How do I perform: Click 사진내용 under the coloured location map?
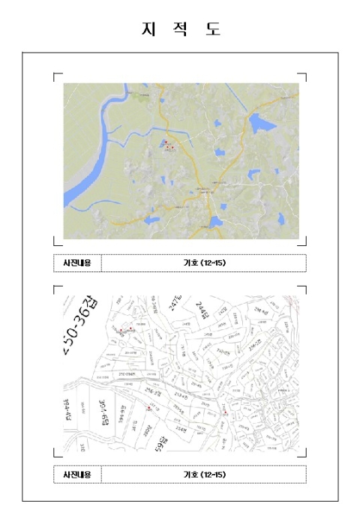[77, 263]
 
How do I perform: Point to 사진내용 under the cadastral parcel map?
[77, 475]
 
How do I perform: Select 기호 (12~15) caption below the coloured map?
[204, 263]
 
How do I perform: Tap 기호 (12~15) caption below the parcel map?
[204, 475]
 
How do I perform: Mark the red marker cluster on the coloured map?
[168, 145]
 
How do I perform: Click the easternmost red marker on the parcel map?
[225, 412]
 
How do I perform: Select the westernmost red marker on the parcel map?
[120, 330]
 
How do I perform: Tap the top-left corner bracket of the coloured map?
[56, 75]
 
